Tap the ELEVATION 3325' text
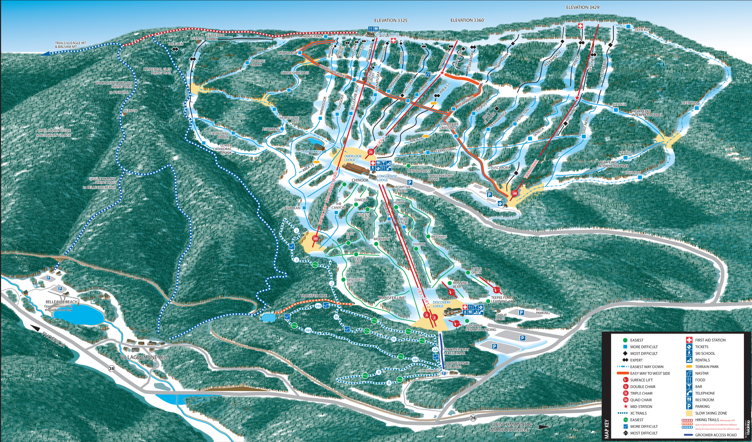point(391,20)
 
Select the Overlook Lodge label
point(353,158)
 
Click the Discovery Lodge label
point(441,304)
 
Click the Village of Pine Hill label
point(145,357)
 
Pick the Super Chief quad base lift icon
point(315,238)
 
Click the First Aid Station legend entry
point(710,340)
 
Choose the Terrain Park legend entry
point(706,366)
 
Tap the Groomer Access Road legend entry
point(715,435)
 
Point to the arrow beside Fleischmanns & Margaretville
point(544,427)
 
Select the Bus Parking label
point(543,311)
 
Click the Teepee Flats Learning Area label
point(504,299)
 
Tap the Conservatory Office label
point(440,178)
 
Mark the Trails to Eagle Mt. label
point(71,45)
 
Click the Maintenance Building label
point(457,365)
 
